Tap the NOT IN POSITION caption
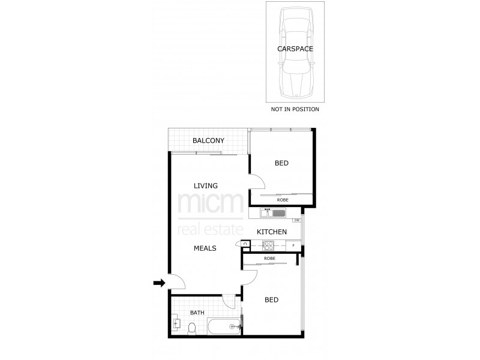click(x=295, y=110)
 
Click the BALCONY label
click(x=208, y=141)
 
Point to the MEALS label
click(x=205, y=248)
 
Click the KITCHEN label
click(x=271, y=232)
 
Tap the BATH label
click(x=197, y=313)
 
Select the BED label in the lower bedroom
click(x=271, y=299)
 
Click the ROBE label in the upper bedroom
click(x=282, y=199)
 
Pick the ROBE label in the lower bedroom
click(x=270, y=258)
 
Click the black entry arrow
click(x=159, y=283)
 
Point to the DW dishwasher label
click(x=296, y=221)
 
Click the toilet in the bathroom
click(x=191, y=328)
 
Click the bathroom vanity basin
click(x=176, y=324)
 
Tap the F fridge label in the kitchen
click(x=293, y=245)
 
